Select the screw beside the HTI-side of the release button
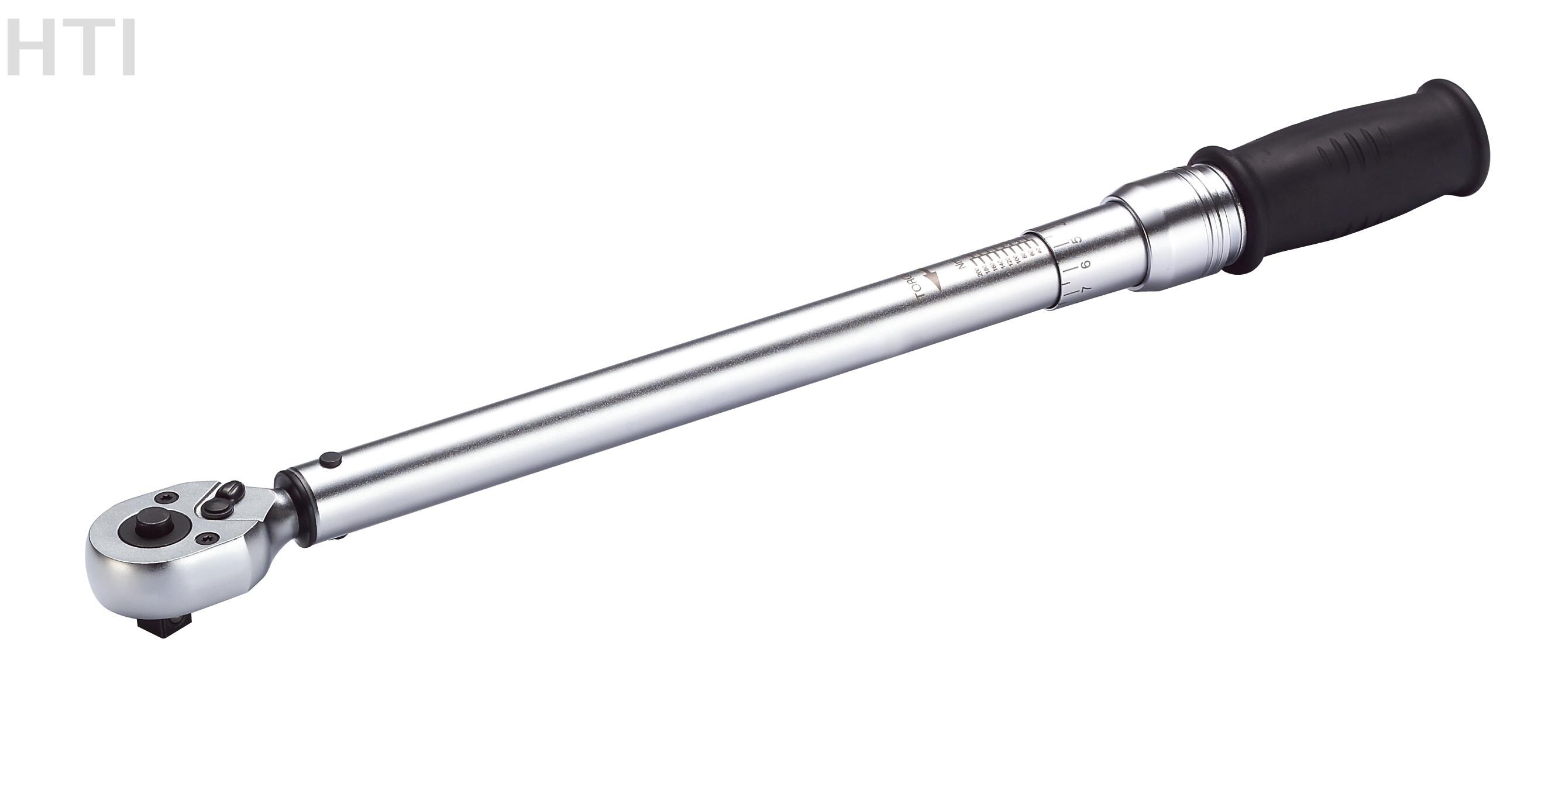[x=164, y=497]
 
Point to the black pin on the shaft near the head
[x=331, y=460]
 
